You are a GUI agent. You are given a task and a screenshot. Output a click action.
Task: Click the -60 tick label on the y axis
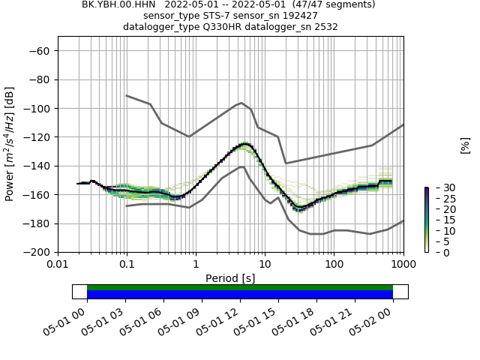click(40, 51)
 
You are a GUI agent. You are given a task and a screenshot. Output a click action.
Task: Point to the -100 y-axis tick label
click(37, 109)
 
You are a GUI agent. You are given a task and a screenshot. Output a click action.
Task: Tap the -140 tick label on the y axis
click(37, 166)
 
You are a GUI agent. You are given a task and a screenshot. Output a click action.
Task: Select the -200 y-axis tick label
click(37, 253)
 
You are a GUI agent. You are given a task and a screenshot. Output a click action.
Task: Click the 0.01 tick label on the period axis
click(58, 265)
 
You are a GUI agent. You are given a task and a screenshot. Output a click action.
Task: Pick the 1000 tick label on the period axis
click(403, 265)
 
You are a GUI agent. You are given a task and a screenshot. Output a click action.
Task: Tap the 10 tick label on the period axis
click(265, 265)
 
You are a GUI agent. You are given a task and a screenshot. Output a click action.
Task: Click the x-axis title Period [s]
click(230, 277)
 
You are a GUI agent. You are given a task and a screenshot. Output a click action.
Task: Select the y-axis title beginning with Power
click(10, 144)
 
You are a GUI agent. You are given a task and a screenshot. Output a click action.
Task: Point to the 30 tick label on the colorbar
click(439, 187)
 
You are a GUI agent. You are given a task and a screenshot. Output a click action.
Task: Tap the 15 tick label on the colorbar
click(439, 220)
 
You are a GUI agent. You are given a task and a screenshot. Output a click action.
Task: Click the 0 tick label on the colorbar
click(436, 253)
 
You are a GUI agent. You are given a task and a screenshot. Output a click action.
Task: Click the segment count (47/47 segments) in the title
click(330, 4)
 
